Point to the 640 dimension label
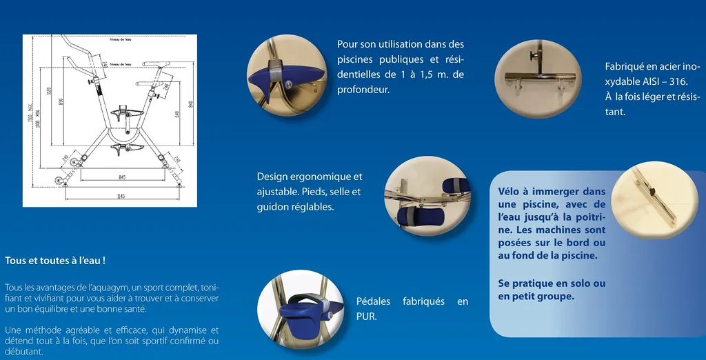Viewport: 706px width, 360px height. pos(177,114)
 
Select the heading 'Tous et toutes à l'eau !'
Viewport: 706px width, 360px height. pos(55,261)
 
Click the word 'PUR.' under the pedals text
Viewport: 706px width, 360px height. pos(366,317)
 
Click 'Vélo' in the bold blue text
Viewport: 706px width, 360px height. pos(510,192)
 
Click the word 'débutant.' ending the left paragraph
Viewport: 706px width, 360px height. pos(23,351)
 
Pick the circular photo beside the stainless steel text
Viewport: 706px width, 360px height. pos(538,77)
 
